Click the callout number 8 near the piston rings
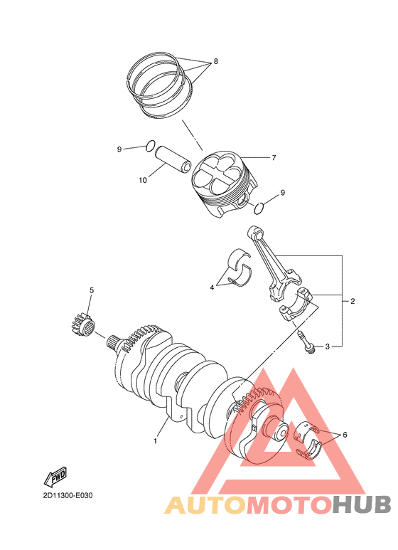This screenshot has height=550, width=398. point(215,61)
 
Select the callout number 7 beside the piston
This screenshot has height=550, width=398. point(274,157)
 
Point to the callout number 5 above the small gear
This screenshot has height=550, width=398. point(91,290)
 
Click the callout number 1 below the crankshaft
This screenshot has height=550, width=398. point(155,441)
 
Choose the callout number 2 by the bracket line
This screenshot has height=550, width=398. point(353,302)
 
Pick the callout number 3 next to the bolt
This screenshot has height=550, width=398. point(328,347)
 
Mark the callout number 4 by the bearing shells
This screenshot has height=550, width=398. point(211,287)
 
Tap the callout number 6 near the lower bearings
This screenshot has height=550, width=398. point(345,434)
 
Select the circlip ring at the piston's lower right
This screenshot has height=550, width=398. point(260,207)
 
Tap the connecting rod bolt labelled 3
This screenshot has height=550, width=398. point(306,342)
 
